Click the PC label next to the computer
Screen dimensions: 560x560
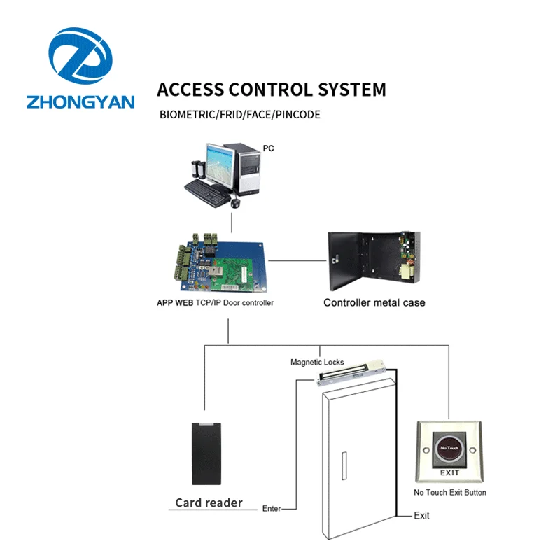click(268, 148)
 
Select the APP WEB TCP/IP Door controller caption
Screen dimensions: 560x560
click(216, 303)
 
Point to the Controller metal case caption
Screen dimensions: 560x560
click(374, 303)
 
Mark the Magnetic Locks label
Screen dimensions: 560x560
click(317, 363)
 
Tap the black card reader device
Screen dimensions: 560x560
click(209, 453)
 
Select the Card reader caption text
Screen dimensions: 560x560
click(209, 503)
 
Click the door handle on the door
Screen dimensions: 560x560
click(342, 467)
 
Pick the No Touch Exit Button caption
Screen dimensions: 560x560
click(449, 493)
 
